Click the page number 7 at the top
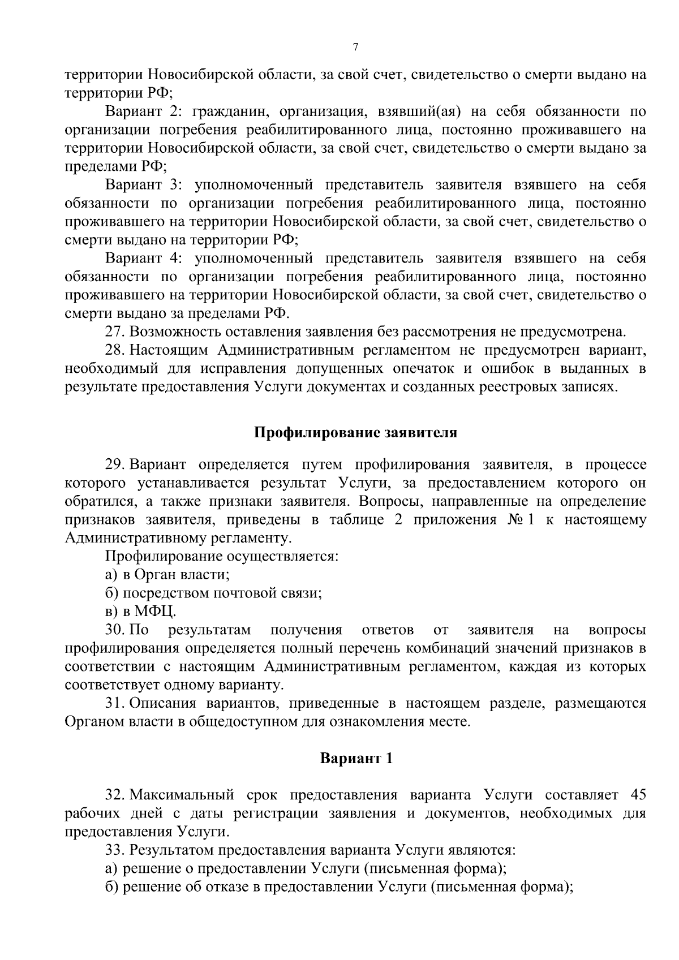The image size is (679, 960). coord(355,48)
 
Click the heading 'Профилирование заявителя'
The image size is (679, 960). coord(355,433)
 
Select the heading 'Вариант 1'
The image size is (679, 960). coord(356,758)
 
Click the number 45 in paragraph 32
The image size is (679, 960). coord(637,795)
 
